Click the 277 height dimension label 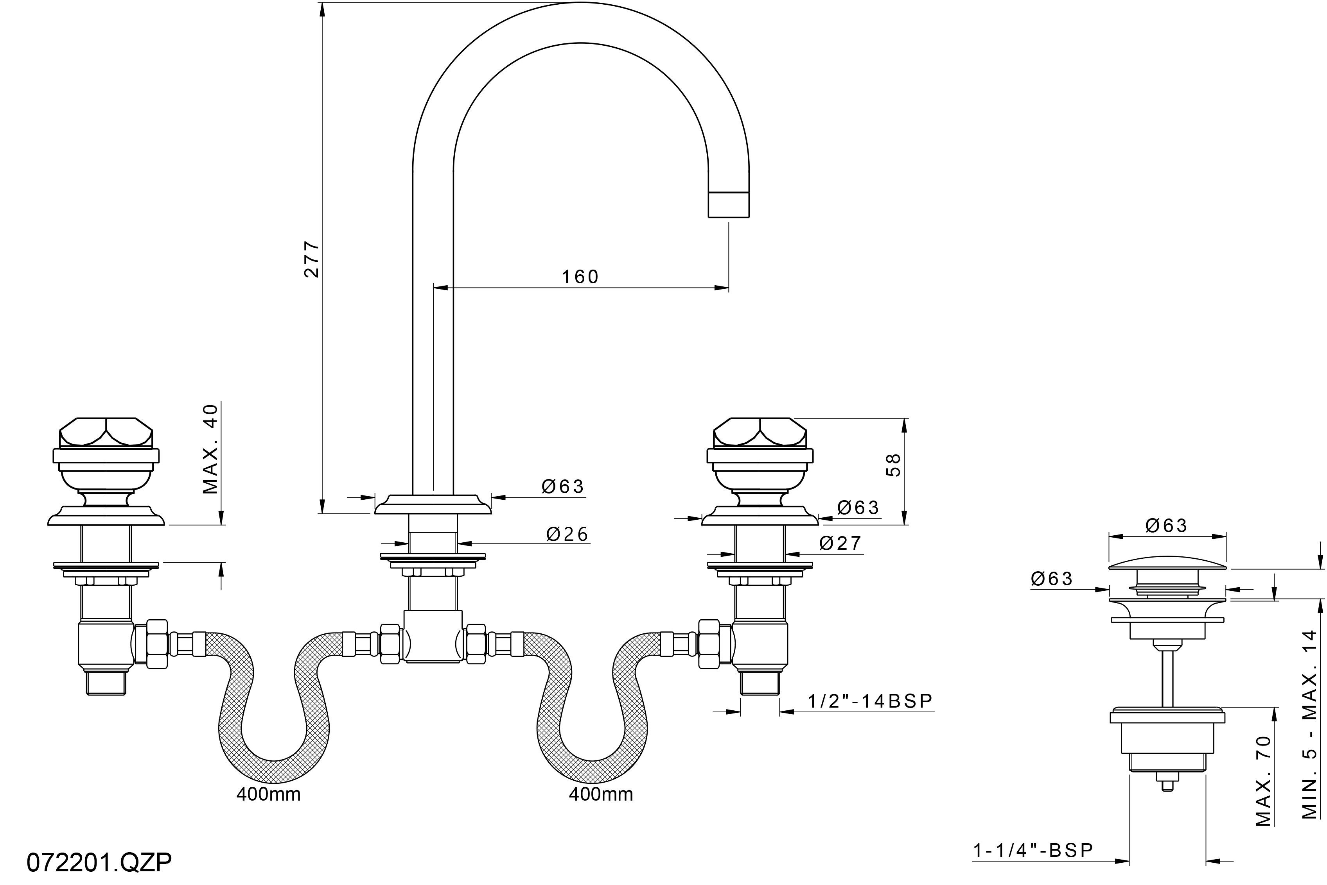pyautogui.click(x=312, y=259)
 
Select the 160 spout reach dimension pyautogui.click(x=580, y=277)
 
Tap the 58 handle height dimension pyautogui.click(x=893, y=465)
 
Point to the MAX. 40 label pyautogui.click(x=210, y=449)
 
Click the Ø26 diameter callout pyautogui.click(x=567, y=534)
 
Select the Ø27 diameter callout pyautogui.click(x=840, y=544)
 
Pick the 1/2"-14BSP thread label pyautogui.click(x=870, y=701)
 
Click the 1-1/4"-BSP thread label pyautogui.click(x=1033, y=851)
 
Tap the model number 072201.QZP pyautogui.click(x=99, y=862)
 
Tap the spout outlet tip pyautogui.click(x=729, y=204)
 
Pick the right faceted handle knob pyautogui.click(x=760, y=432)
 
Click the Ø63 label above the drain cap pyautogui.click(x=1167, y=526)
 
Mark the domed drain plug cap pyautogui.click(x=1167, y=562)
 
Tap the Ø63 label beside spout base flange pyautogui.click(x=563, y=486)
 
